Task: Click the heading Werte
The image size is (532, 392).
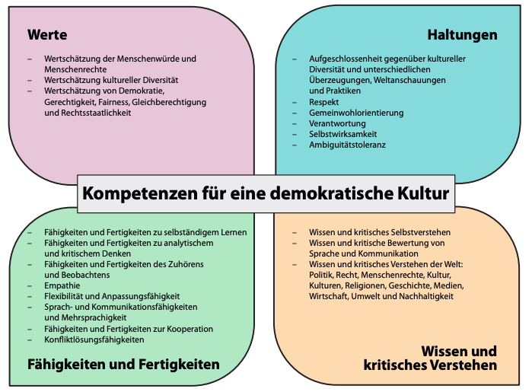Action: tap(47, 35)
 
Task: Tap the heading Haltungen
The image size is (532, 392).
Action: tap(462, 35)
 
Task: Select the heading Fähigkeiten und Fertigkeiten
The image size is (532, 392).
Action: tap(123, 365)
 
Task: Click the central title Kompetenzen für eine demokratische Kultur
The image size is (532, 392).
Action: tap(266, 193)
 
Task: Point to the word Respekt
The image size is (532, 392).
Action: tap(323, 102)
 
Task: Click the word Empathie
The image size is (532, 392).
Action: tap(62, 285)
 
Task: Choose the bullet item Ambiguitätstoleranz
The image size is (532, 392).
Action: tap(347, 145)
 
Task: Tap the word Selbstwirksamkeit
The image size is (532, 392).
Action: tap(343, 134)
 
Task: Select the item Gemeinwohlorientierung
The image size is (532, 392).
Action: tap(356, 113)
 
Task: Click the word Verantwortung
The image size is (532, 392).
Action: tap(337, 123)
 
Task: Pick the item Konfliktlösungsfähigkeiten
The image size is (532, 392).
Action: tap(94, 339)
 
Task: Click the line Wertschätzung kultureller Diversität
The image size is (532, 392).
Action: tap(111, 81)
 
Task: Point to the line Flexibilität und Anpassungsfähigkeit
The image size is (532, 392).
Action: tap(112, 296)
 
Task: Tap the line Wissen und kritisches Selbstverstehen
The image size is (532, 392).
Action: tap(380, 232)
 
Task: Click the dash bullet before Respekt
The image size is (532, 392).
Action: tap(295, 102)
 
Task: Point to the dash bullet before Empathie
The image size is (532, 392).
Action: tap(30, 285)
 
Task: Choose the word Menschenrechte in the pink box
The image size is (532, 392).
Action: tap(75, 69)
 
